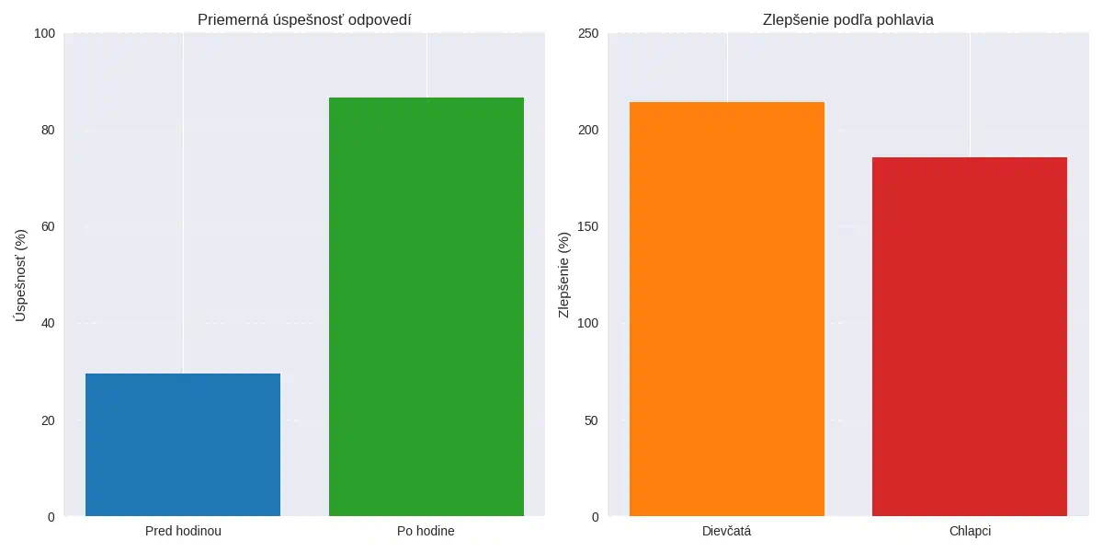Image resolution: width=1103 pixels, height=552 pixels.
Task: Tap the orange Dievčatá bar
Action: (727, 309)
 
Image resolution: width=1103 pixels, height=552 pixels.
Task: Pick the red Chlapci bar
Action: (970, 337)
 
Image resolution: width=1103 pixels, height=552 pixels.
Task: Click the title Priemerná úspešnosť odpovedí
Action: (304, 20)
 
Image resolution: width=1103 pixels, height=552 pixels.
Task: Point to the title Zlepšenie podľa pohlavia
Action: (848, 20)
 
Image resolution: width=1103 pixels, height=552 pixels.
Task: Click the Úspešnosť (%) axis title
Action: (21, 274)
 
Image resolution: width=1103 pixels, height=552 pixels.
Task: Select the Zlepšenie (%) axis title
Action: (564, 274)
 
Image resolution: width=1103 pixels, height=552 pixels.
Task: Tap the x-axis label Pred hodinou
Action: (183, 531)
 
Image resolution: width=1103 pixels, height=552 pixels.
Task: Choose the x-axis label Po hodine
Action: (426, 531)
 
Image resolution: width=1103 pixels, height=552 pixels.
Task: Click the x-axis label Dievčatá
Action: (727, 531)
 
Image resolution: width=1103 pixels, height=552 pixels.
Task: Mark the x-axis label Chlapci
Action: (970, 531)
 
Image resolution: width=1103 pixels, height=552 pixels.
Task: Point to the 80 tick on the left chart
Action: (47, 130)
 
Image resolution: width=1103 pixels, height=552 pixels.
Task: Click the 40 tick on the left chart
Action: (47, 323)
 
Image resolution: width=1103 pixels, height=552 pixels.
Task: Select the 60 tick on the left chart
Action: (47, 226)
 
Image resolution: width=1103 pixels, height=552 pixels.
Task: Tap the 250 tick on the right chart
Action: (588, 34)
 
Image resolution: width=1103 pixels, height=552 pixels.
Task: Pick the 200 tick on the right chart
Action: (588, 130)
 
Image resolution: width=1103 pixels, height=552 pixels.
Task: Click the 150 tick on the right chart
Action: (588, 226)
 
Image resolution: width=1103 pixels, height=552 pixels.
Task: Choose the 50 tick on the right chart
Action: (591, 420)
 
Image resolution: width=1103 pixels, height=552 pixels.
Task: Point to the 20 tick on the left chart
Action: (47, 420)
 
